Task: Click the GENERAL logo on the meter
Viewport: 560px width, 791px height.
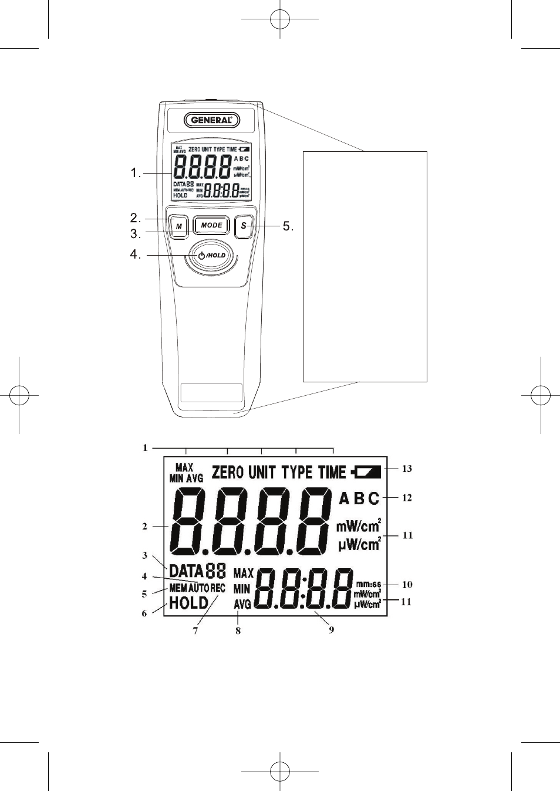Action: (x=212, y=120)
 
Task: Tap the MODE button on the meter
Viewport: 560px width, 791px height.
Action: (x=212, y=225)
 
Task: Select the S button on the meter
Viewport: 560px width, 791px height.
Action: (x=244, y=226)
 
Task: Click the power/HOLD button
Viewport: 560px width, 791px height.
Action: (x=211, y=255)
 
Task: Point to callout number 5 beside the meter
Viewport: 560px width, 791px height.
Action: (x=287, y=226)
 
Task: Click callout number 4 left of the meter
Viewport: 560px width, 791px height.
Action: (x=135, y=254)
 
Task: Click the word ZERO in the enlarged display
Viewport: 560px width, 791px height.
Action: (x=227, y=472)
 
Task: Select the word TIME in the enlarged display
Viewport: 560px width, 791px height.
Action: (x=332, y=472)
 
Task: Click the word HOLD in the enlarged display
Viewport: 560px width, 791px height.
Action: (x=188, y=603)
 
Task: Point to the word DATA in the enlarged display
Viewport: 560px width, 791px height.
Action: (x=186, y=571)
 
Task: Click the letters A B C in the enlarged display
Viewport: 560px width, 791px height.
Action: (x=359, y=498)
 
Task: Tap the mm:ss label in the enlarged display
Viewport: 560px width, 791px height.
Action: (x=368, y=584)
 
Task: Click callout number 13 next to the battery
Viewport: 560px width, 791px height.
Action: (x=407, y=469)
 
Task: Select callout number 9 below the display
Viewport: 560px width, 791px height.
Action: (x=331, y=630)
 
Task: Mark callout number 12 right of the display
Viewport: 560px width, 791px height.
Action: (x=407, y=498)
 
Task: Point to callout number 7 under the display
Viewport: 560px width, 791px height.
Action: (x=195, y=631)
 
